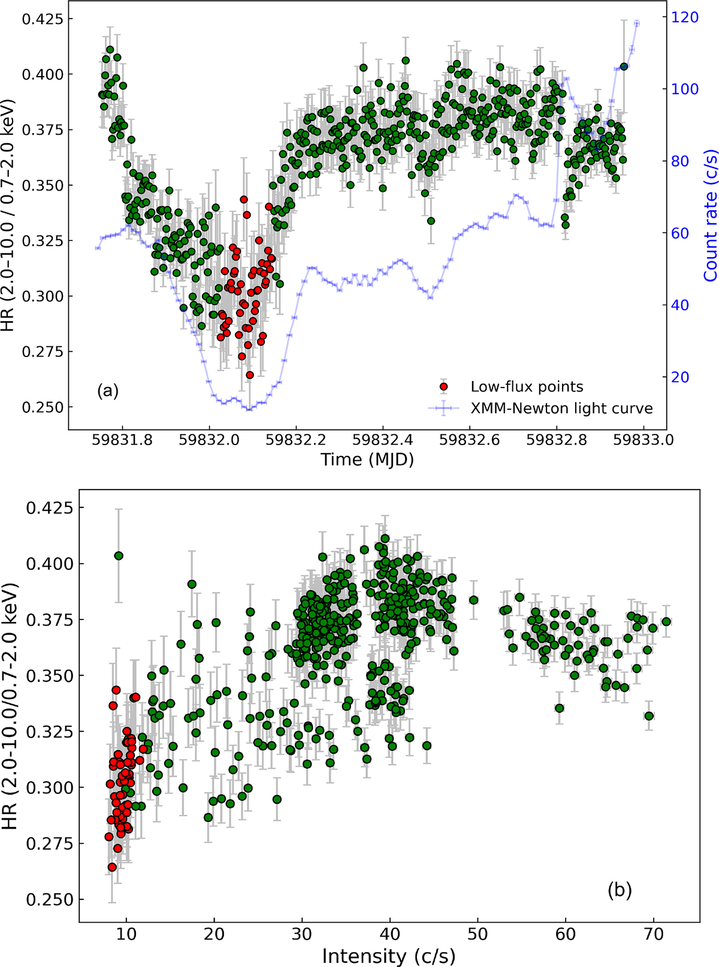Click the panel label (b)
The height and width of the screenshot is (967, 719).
620,890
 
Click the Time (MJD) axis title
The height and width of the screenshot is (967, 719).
367,460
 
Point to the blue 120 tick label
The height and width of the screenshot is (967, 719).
685,17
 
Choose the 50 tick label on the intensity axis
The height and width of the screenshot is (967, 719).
478,933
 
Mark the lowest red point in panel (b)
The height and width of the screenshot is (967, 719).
111,867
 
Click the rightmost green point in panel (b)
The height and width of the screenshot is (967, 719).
666,621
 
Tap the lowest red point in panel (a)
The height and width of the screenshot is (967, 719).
250,375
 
